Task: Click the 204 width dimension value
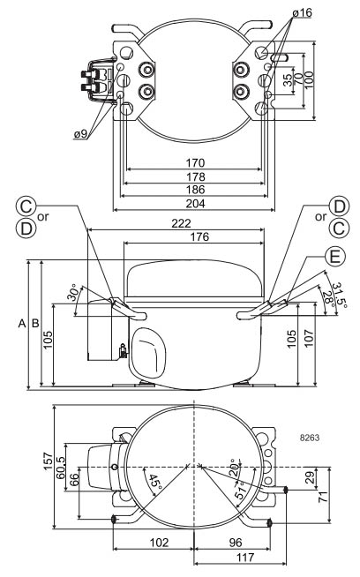(195, 204)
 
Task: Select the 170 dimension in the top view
(195, 162)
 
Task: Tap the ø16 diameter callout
(303, 13)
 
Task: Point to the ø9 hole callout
(80, 134)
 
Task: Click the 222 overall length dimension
(181, 223)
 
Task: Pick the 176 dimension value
(199, 236)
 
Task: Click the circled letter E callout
(334, 256)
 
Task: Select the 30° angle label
(74, 293)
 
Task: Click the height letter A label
(22, 324)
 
